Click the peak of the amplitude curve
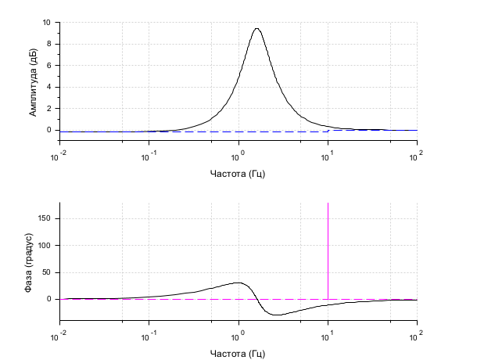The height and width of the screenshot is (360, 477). (256, 29)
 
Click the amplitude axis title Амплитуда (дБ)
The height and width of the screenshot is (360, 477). (33, 81)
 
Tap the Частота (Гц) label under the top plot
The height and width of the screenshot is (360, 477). (238, 172)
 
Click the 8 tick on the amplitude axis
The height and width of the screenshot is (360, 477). (49, 44)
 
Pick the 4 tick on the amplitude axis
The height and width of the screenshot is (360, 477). (49, 87)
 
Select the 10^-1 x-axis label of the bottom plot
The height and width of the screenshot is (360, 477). (149, 336)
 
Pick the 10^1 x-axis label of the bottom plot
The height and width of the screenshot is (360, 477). (328, 336)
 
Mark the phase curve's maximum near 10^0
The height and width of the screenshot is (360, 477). (238, 283)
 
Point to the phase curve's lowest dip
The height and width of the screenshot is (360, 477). (276, 315)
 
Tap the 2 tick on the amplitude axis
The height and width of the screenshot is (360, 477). (49, 109)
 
